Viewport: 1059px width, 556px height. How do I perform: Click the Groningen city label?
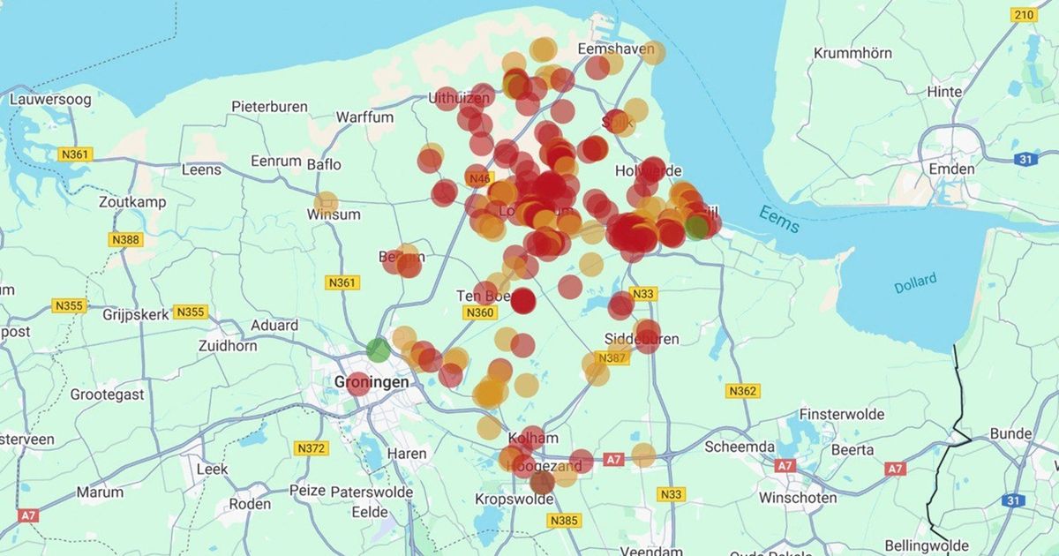[x=372, y=383]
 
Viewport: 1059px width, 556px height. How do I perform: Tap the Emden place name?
[x=951, y=169]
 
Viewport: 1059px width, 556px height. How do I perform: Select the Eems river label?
[x=779, y=220]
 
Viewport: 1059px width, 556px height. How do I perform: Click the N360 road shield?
[x=480, y=312]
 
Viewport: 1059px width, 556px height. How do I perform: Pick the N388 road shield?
[x=125, y=239]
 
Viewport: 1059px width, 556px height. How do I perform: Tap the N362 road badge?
[x=742, y=391]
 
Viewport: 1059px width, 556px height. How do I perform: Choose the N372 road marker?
[x=312, y=448]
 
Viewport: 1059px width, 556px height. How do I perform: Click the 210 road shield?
[x=1024, y=15]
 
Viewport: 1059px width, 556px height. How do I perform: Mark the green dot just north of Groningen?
[x=378, y=349]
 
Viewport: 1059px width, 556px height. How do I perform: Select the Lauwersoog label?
[x=50, y=100]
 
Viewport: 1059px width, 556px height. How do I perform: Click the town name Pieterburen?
[x=269, y=107]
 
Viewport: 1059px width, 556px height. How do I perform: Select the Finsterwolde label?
[x=840, y=414]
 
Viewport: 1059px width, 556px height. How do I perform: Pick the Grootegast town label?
[x=107, y=394]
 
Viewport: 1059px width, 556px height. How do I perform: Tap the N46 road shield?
[x=479, y=179]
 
